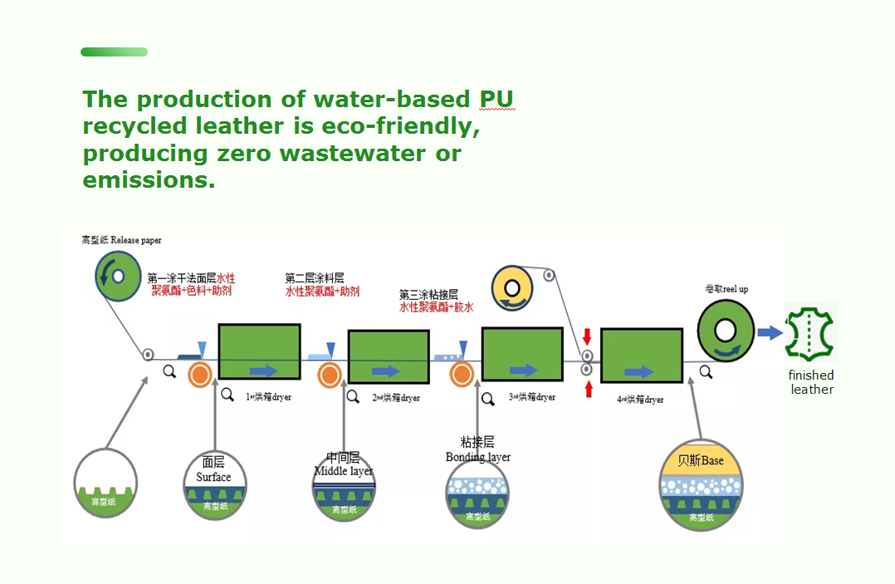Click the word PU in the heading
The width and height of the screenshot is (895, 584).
tap(496, 100)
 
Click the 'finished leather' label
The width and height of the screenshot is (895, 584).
tap(811, 382)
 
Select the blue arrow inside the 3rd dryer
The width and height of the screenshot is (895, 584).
tap(523, 371)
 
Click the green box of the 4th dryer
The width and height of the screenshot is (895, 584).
tap(641, 356)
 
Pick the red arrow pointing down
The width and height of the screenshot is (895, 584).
tap(587, 336)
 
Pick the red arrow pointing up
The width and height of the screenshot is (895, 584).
tap(589, 388)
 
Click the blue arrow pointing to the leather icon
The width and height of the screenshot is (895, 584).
tap(770, 333)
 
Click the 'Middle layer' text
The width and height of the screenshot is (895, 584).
tap(344, 471)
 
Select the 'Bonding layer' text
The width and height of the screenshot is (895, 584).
tap(477, 457)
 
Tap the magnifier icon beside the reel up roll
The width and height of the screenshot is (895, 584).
tap(706, 372)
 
